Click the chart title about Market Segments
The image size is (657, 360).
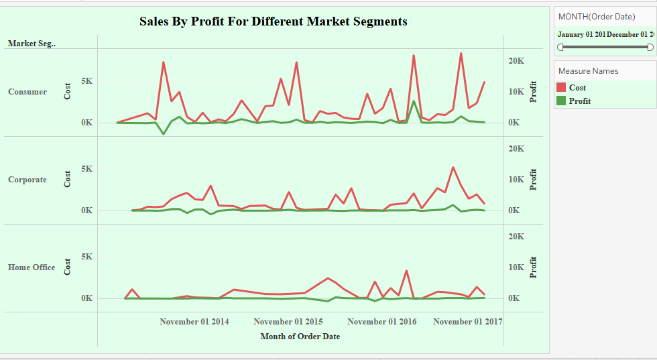(x=273, y=21)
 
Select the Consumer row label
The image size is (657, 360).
(x=27, y=92)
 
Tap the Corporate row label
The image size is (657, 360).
(x=27, y=180)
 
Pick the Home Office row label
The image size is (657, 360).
(x=32, y=267)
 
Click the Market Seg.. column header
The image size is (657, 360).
(x=32, y=44)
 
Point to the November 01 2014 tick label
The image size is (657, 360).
(x=194, y=322)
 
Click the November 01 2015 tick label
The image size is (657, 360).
(x=288, y=322)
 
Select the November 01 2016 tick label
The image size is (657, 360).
(x=381, y=322)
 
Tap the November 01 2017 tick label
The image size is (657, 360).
(x=467, y=322)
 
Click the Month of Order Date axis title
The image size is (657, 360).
(x=300, y=337)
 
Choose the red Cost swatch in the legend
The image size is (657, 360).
(x=562, y=87)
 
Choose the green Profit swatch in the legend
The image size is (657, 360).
(x=562, y=101)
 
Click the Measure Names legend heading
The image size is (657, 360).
(x=588, y=71)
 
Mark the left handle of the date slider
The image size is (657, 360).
(x=560, y=47)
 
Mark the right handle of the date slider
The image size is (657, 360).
(x=650, y=47)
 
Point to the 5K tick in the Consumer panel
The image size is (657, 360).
(x=86, y=81)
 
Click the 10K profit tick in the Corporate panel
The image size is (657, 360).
(x=515, y=180)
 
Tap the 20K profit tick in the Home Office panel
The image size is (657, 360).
(x=515, y=237)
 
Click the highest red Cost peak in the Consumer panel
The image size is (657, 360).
(x=461, y=53)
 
